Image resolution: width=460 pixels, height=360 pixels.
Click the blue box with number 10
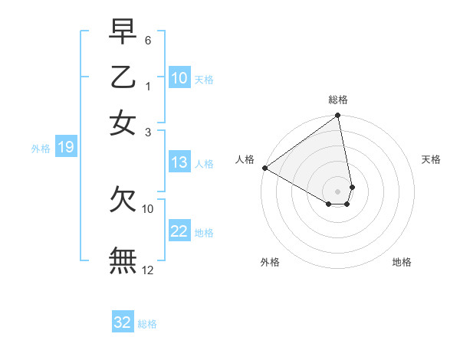pos(179,78)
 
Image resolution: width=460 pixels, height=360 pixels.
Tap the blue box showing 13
pos(179,162)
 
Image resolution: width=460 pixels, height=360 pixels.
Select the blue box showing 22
pos(179,231)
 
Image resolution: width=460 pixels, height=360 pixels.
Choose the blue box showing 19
pos(65,147)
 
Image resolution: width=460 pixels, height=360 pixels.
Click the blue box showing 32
pos(123,322)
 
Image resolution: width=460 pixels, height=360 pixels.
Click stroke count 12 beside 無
pos(148,270)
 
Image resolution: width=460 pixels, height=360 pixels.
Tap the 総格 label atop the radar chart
pos(338,100)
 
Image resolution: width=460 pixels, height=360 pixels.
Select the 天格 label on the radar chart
pos(432,159)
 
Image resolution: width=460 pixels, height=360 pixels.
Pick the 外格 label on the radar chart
pos(270,262)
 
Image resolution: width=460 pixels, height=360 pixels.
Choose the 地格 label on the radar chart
pos(402,262)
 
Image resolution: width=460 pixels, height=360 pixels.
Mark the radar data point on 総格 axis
pos(338,116)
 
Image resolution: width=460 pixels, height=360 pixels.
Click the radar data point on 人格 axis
pos(264,168)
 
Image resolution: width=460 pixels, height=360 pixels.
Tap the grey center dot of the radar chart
pos(338,191)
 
